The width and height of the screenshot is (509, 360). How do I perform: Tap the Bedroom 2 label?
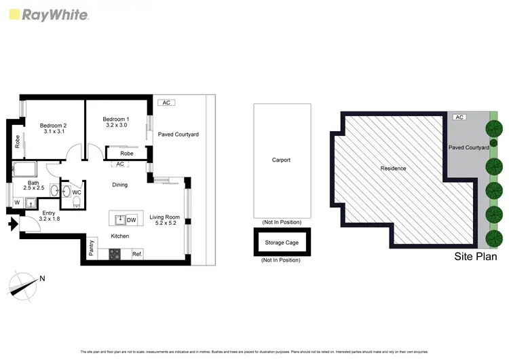(x=53, y=128)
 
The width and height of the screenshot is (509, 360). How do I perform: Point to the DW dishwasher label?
(x=132, y=219)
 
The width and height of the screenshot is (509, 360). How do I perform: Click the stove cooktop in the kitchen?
(x=115, y=255)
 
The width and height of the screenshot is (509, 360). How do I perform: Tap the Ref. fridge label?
(x=136, y=254)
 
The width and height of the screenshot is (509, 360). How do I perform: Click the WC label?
(x=77, y=193)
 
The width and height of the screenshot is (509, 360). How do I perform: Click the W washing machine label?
(x=17, y=202)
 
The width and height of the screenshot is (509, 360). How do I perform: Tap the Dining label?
(x=119, y=185)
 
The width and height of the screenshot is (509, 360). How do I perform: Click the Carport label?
(x=281, y=160)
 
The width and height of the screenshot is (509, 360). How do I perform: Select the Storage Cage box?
(x=282, y=242)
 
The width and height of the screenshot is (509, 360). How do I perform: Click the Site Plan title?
(x=475, y=257)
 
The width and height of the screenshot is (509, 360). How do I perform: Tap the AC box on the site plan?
(x=459, y=118)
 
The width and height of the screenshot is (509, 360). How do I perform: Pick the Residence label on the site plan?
(x=393, y=168)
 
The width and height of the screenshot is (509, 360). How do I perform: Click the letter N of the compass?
(x=42, y=278)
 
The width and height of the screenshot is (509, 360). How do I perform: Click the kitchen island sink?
(x=119, y=219)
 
